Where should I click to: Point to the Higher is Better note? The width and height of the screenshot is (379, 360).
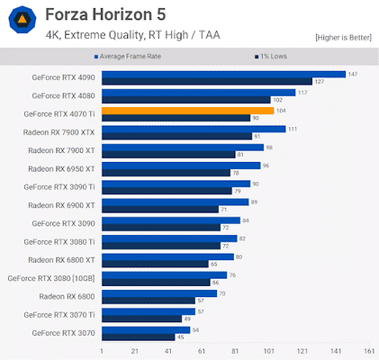click(343, 37)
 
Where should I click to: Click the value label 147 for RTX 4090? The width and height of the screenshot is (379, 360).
click(354, 75)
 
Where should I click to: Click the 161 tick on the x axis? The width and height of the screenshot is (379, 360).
click(368, 350)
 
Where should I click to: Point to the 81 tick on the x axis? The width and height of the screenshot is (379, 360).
click(235, 350)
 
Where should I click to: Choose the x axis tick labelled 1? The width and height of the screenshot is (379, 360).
click(102, 350)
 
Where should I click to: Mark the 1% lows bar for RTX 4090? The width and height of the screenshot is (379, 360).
click(206, 81)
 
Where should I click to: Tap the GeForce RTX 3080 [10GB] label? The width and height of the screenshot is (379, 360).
click(51, 278)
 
